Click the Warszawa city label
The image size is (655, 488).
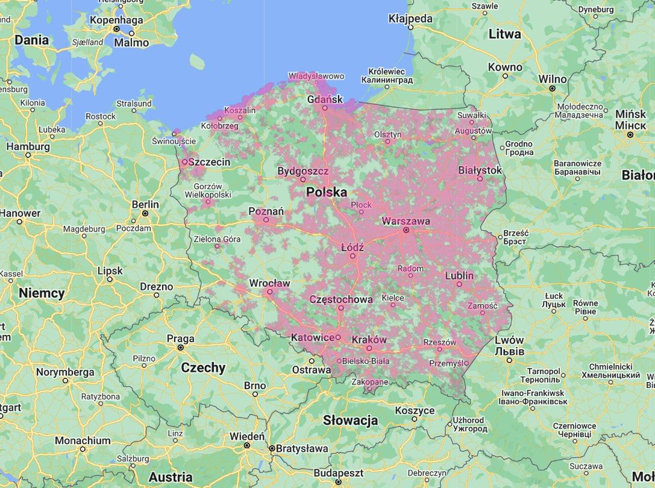pos(406,221)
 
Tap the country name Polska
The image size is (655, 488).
pos(327,192)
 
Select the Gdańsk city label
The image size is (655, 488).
pos(324,99)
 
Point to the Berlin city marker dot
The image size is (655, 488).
pos(145,213)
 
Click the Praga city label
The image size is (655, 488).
pos(181,339)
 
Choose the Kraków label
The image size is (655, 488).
pos(369,340)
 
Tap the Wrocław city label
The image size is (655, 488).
pos(270,283)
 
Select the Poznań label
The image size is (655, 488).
pos(266,211)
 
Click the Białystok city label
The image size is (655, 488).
pos(480,170)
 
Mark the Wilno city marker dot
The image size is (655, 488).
pos(552,88)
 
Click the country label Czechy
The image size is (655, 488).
pos(203,368)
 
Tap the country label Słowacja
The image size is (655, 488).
pos(350,420)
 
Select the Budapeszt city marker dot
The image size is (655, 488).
pos(338,482)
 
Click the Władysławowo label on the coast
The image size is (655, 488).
pos(316,77)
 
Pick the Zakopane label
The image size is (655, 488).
pos(370,382)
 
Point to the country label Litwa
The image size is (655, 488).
pos(504,34)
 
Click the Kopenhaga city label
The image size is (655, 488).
pos(116,20)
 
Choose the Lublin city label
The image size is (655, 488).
pos(459,276)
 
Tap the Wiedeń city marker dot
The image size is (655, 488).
pos(247,445)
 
